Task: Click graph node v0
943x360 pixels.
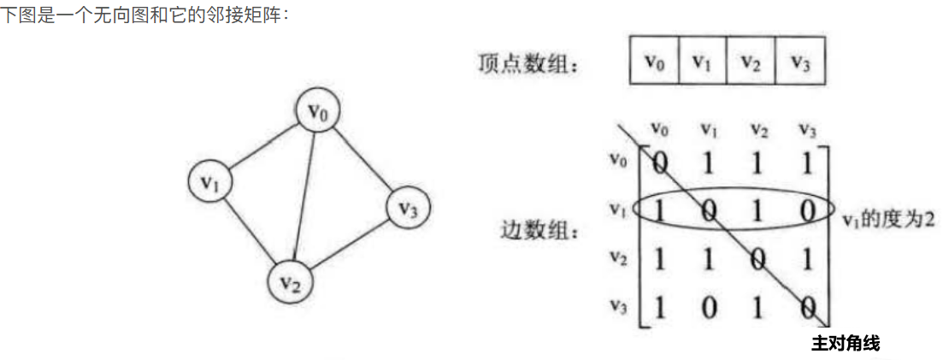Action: [x=318, y=111]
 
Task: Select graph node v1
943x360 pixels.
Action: [x=211, y=181]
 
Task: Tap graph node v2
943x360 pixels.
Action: [x=292, y=280]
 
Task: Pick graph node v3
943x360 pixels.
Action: [x=408, y=208]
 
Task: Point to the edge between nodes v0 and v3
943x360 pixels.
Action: [x=363, y=159]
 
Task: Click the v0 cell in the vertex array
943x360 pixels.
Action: [x=654, y=62]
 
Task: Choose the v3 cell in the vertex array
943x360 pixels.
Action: [x=800, y=62]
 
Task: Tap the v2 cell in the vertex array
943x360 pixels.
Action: [x=751, y=62]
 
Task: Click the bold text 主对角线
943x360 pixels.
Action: [x=845, y=344]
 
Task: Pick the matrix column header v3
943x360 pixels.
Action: [x=806, y=129]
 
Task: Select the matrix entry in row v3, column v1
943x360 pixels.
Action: [x=708, y=307]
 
